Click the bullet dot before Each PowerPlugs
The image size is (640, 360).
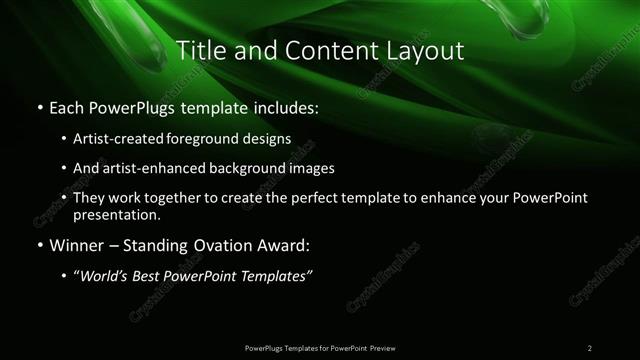coord(38,107)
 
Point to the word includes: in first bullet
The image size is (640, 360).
coord(277,107)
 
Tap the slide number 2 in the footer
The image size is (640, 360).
coord(590,347)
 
